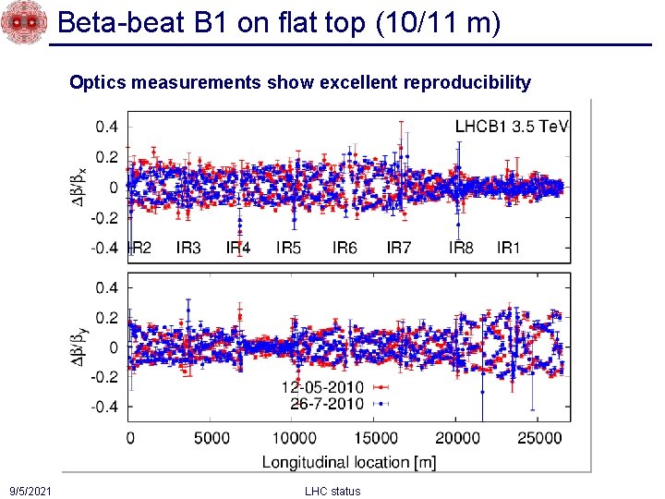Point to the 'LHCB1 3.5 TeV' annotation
click(512, 127)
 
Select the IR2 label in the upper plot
click(139, 248)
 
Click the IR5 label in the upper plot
click(288, 248)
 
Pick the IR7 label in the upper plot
click(399, 248)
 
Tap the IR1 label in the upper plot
click(509, 248)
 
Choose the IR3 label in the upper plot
click(188, 248)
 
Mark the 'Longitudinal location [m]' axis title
click(349, 460)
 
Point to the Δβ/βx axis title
click(82, 189)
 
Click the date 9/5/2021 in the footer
click(30, 491)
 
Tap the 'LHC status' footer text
click(332, 491)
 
